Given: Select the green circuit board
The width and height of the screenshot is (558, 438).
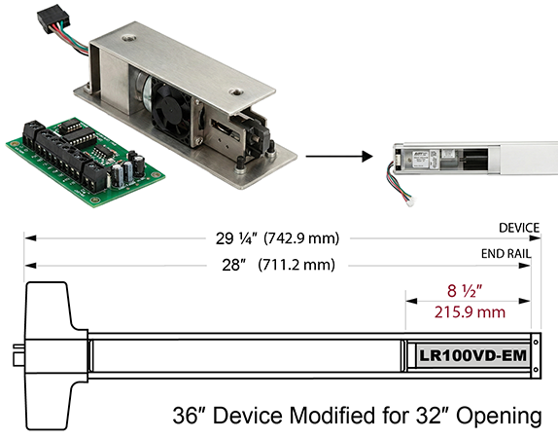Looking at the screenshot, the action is (x=86, y=163).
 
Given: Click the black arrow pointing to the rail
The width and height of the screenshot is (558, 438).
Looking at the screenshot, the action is (x=339, y=156).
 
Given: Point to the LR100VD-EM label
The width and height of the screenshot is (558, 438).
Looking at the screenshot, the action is (x=473, y=355).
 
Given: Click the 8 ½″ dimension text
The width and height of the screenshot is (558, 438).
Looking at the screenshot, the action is (x=465, y=290).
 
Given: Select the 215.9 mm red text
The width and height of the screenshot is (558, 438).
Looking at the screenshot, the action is (x=470, y=312).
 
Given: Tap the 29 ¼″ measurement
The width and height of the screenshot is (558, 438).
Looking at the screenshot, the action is (x=236, y=238).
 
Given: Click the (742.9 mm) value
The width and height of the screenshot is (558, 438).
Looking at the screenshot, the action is (x=301, y=238).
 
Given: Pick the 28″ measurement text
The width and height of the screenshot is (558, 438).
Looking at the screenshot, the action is (x=234, y=265).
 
